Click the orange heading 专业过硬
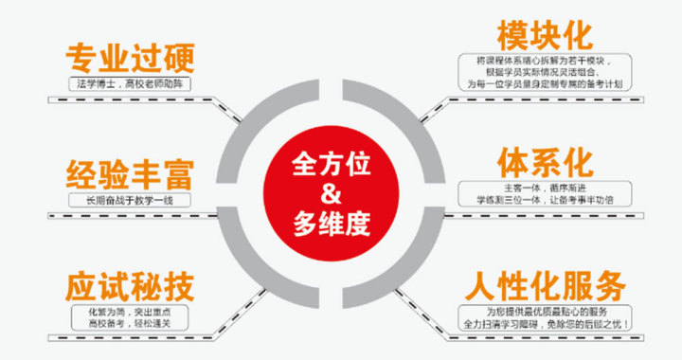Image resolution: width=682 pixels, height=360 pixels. click(131, 59)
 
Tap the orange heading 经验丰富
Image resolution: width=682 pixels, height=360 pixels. click(131, 175)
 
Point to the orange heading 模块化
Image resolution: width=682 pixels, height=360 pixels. click(545, 36)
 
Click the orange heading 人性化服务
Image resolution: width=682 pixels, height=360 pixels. click(545, 284)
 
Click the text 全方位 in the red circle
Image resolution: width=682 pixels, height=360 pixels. click(331, 163)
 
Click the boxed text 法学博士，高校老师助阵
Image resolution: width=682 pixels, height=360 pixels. click(131, 84)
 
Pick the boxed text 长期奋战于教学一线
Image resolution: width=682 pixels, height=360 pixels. click(131, 200)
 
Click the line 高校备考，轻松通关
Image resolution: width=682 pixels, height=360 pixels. click(131, 322)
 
